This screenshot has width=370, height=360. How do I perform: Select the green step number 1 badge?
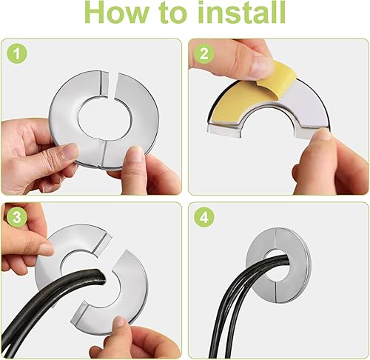coord(17,53)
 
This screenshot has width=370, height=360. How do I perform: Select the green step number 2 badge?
coord(203,53)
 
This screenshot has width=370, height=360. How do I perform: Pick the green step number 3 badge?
coord(17,218)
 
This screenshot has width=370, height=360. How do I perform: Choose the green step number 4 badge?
coord(203,218)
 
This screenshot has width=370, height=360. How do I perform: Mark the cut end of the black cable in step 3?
coord(100,278)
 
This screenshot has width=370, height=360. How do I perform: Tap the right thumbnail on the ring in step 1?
coord(135,154)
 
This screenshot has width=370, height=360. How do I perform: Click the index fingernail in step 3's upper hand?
coord(47,249)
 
